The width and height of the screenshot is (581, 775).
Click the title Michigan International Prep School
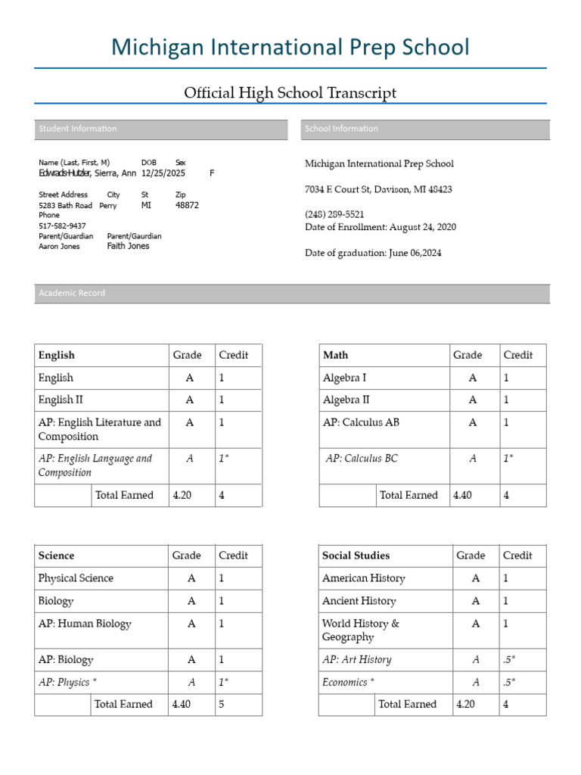pyautogui.click(x=290, y=47)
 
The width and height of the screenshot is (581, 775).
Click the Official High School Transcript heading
pyautogui.click(x=290, y=93)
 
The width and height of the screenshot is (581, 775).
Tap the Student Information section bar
pyautogui.click(x=160, y=129)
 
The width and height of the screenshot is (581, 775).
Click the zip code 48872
pyautogui.click(x=187, y=205)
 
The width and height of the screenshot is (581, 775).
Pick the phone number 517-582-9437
pyautogui.click(x=62, y=226)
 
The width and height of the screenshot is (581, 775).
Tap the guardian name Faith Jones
pyautogui.click(x=128, y=246)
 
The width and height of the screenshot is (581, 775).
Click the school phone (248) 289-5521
pyautogui.click(x=334, y=214)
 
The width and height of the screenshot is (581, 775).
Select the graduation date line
pyautogui.click(x=373, y=253)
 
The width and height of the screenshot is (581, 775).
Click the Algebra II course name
pyautogui.click(x=346, y=400)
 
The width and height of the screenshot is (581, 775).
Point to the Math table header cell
pyautogui.click(x=336, y=355)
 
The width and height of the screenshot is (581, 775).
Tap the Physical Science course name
pyautogui.click(x=76, y=578)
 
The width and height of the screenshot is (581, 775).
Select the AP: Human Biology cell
pyautogui.click(x=85, y=624)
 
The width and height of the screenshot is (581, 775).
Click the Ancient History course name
pyautogui.click(x=359, y=601)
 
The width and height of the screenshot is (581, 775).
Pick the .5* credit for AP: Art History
pyautogui.click(x=509, y=659)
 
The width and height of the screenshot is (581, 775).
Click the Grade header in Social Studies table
pyautogui.click(x=471, y=556)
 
